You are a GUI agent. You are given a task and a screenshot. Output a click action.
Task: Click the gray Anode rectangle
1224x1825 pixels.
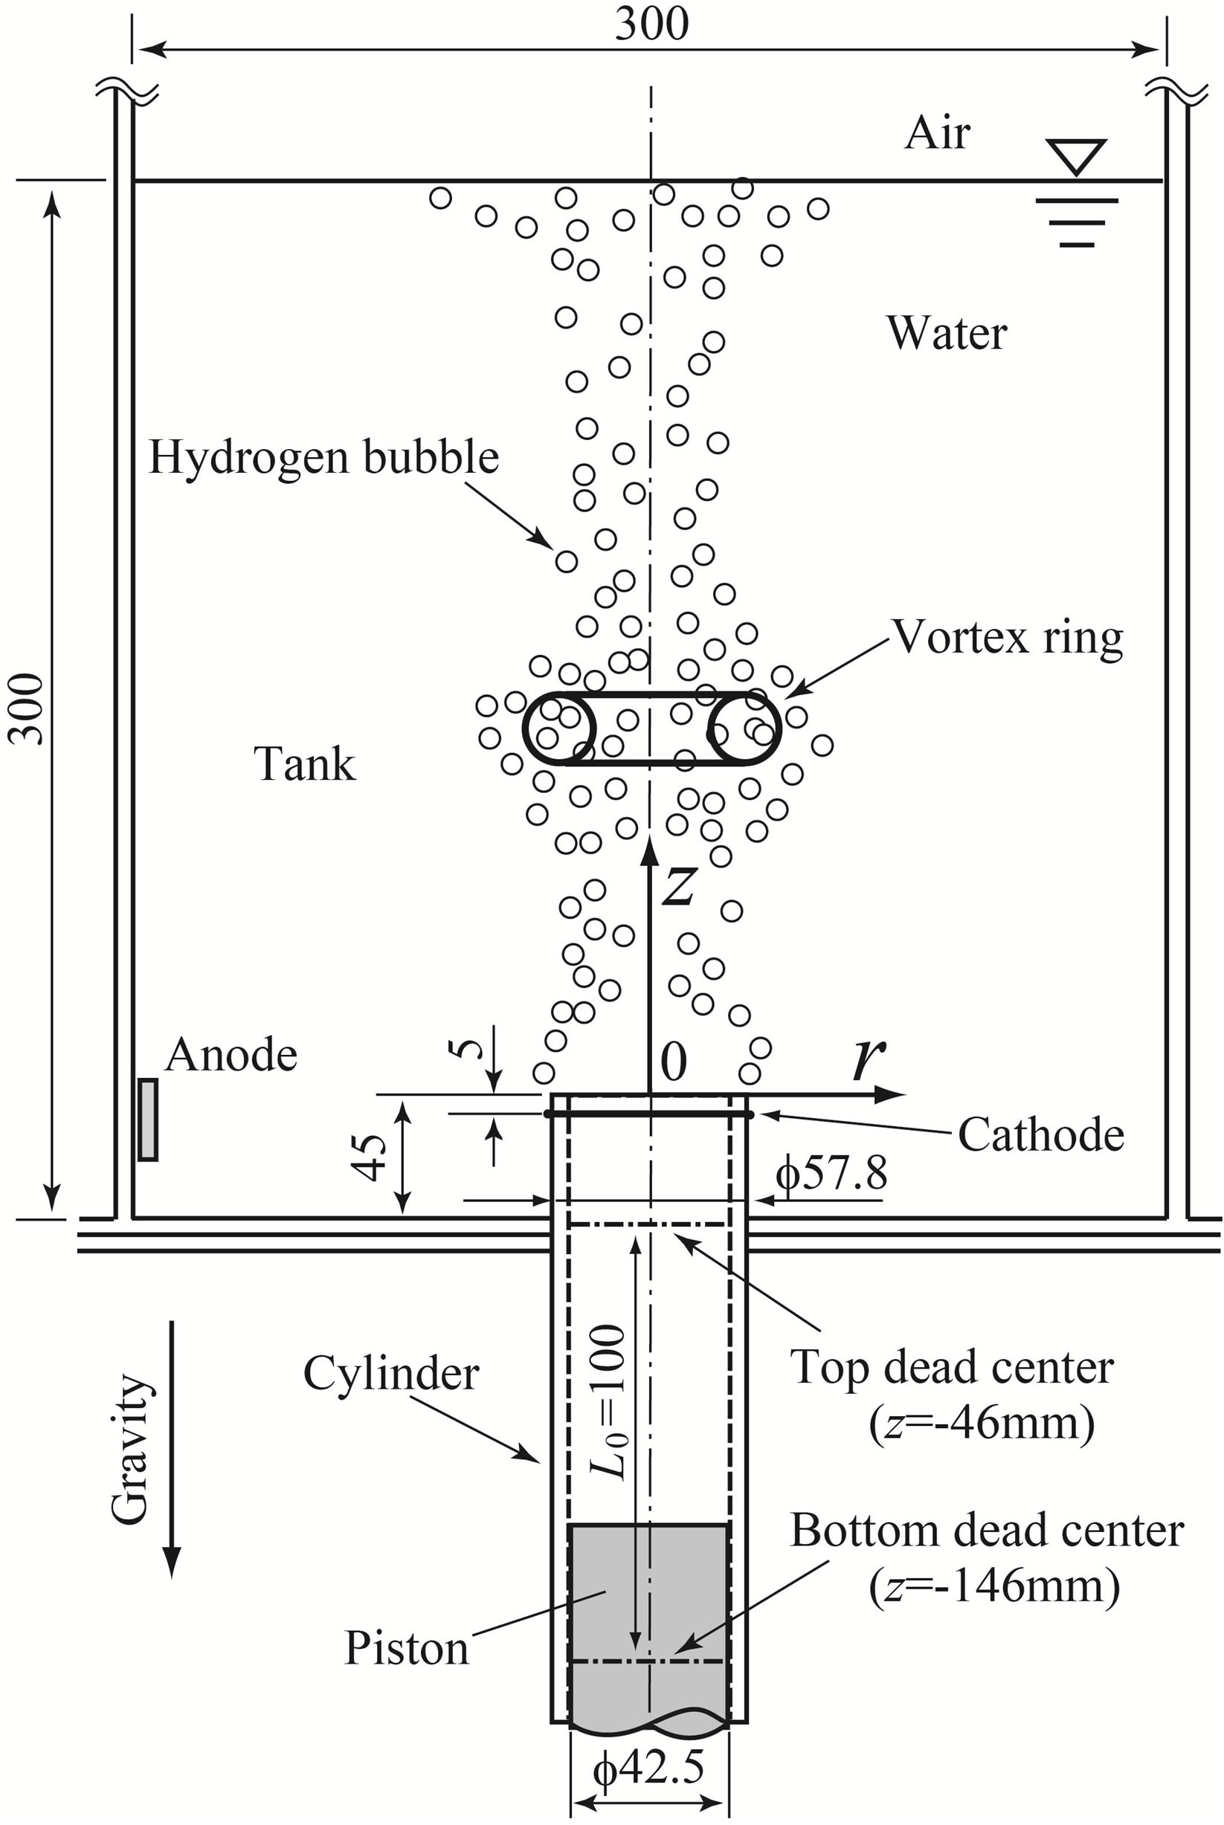pyautogui.click(x=147, y=1120)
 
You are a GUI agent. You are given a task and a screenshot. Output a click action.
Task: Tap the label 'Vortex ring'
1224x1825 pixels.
pyautogui.click(x=1007, y=639)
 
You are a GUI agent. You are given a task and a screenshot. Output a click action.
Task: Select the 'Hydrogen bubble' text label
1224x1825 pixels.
pyautogui.click(x=323, y=457)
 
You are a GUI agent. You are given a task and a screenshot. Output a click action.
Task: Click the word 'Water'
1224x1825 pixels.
pyautogui.click(x=946, y=334)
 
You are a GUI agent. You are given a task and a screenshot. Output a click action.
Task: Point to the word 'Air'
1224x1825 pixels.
pyautogui.click(x=937, y=135)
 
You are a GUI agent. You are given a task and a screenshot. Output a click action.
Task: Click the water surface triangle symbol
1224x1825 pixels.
pyautogui.click(x=1077, y=155)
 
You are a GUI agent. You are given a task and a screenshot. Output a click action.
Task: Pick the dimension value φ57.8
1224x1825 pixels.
pyautogui.click(x=831, y=1173)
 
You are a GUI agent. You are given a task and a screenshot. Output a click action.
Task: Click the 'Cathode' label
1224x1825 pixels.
pyautogui.click(x=1040, y=1134)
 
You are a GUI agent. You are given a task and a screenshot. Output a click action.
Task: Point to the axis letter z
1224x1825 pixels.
pyautogui.click(x=677, y=887)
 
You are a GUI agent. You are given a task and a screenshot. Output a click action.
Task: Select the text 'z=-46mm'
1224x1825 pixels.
pyautogui.click(x=982, y=1424)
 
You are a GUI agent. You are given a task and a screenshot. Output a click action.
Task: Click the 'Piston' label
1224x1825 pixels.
pyautogui.click(x=407, y=1649)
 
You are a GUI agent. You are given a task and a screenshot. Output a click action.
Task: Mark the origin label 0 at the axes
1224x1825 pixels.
pyautogui.click(x=674, y=1061)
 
